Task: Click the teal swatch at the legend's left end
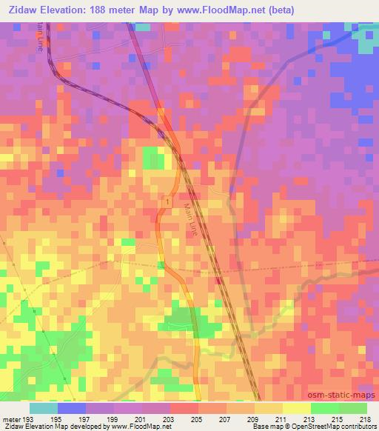pyautogui.click(x=44, y=408)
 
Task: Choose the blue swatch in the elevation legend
pyautogui.click(x=72, y=408)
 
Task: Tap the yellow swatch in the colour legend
pyautogui.click(x=296, y=408)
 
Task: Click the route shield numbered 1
pyautogui.click(x=168, y=202)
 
